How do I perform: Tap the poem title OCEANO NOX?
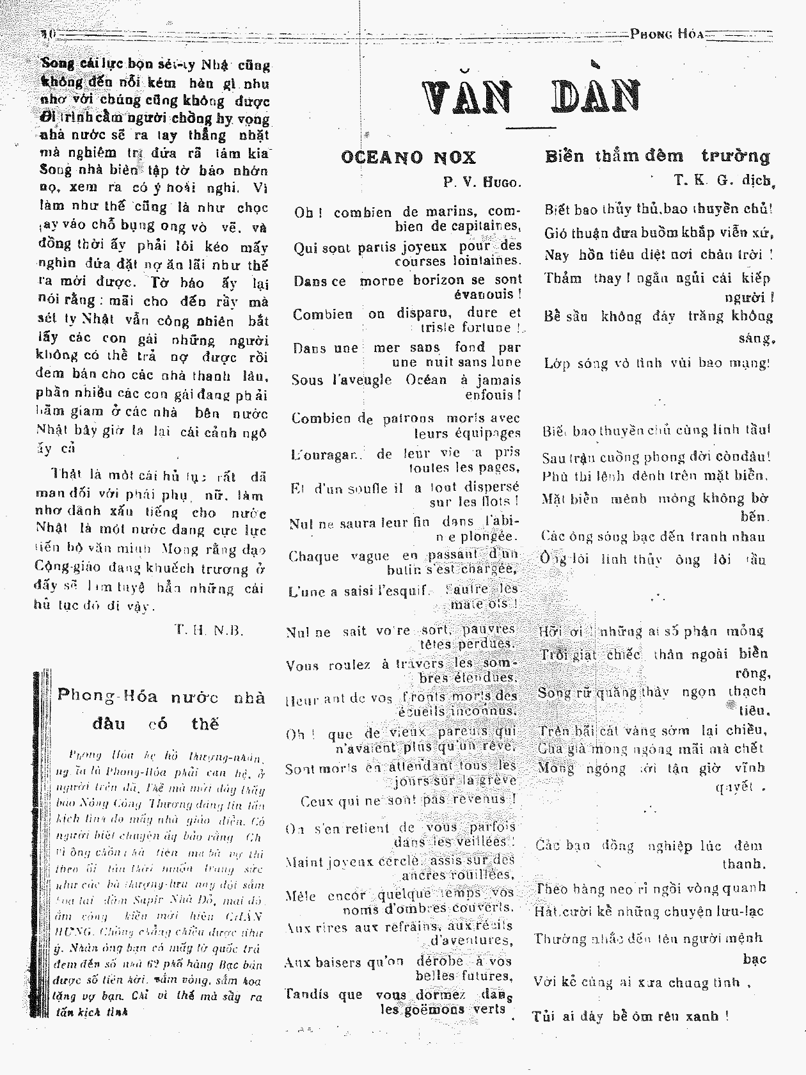pyautogui.click(x=408, y=157)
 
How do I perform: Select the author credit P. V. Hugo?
pyautogui.click(x=482, y=182)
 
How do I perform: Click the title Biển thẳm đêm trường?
pyautogui.click(x=658, y=156)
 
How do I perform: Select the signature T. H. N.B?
pyautogui.click(x=209, y=630)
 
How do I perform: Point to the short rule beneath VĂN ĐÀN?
pyautogui.click(x=530, y=128)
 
